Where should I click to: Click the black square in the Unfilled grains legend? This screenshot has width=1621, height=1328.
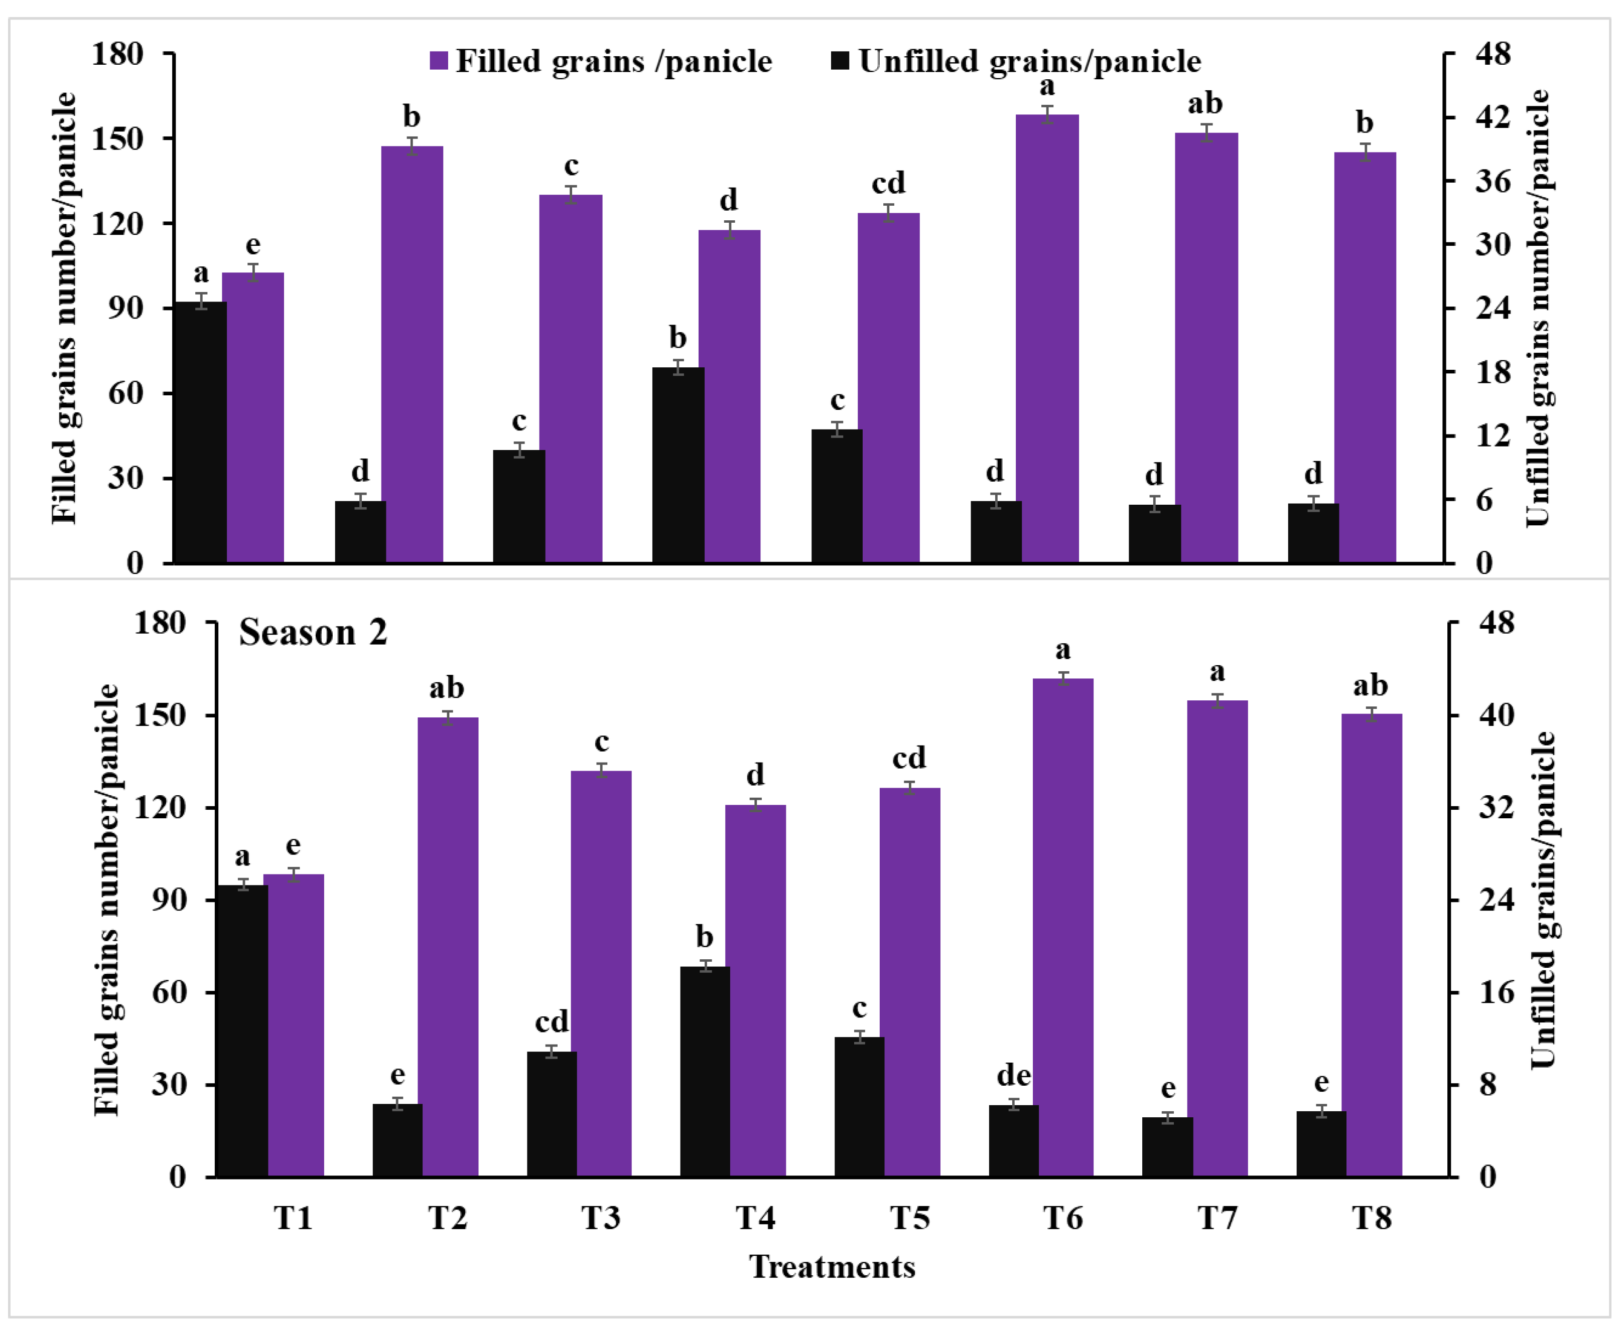840,61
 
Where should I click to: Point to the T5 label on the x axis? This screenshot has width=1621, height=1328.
909,1218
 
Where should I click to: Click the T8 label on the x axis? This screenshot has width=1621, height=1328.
1371,1218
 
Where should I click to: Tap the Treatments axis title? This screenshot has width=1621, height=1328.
832,1268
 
